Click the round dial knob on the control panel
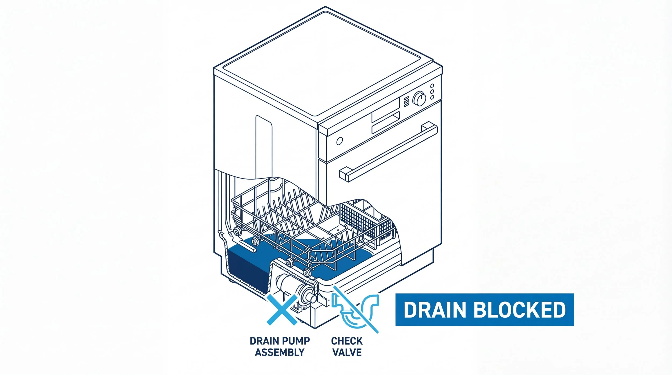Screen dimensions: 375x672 [x=419, y=99]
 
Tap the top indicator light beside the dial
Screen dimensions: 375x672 [x=432, y=86]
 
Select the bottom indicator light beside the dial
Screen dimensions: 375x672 [x=432, y=98]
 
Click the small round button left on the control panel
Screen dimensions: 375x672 [x=339, y=141]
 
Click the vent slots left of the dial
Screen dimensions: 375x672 [x=406, y=101]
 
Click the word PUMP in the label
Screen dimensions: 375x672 [x=297, y=341]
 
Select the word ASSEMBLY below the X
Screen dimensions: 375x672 [x=280, y=352]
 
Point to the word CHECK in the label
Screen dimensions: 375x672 [x=347, y=341]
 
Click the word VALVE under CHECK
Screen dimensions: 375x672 [x=347, y=352]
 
